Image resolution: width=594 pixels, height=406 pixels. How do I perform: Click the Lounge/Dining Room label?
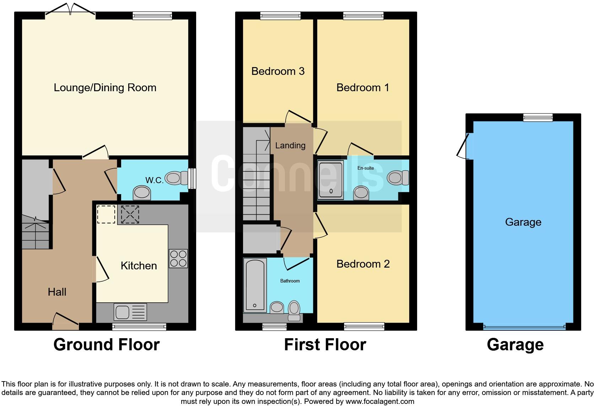(105, 88)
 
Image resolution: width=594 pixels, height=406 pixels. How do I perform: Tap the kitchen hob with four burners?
(178, 258)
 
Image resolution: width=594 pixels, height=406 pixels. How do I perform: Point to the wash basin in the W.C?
(142, 193)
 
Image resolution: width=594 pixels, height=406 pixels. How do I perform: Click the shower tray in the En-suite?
(331, 180)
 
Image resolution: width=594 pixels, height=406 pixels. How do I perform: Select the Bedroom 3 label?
(278, 71)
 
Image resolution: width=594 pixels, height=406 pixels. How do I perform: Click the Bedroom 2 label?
(363, 264)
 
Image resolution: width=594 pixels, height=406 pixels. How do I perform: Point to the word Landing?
(290, 146)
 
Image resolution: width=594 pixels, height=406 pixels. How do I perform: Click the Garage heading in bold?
(515, 345)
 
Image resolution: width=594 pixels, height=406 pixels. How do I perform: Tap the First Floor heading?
(325, 345)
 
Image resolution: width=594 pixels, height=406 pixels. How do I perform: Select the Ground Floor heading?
(106, 345)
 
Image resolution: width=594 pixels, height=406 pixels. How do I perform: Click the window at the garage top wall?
(538, 117)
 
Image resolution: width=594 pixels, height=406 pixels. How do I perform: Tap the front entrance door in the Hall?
(65, 320)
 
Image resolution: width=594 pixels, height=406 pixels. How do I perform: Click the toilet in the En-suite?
(398, 177)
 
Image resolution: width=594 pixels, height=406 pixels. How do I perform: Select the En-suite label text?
(366, 168)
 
